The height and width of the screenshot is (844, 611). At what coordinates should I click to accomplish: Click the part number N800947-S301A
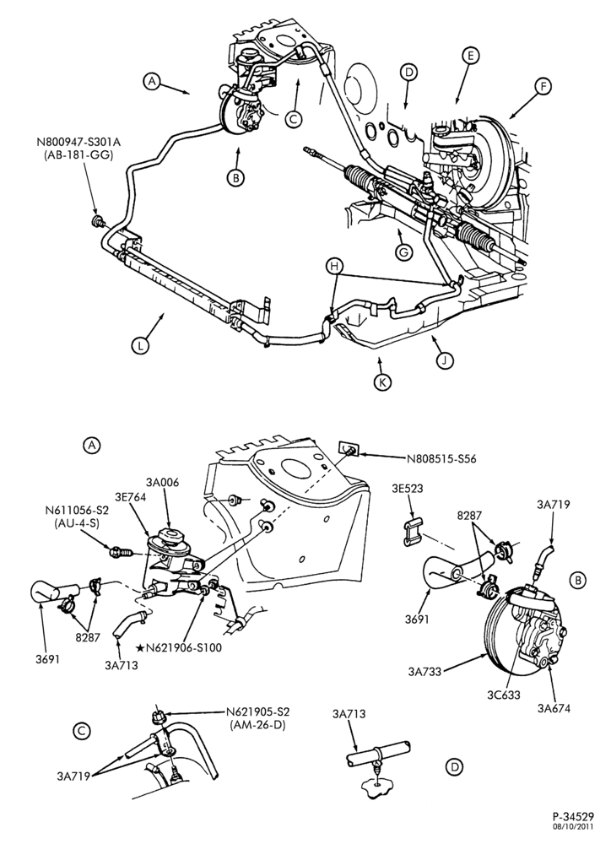[x=79, y=143]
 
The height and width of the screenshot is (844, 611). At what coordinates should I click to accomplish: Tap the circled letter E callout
[x=470, y=56]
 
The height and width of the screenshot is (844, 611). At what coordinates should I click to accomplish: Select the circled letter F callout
[x=543, y=86]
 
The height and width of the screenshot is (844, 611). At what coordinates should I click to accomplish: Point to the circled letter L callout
[x=140, y=345]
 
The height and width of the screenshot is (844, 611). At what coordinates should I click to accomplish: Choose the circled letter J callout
[x=445, y=360]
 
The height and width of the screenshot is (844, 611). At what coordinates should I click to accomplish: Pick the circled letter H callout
[x=335, y=265]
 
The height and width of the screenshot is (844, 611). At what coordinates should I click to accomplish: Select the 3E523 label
[x=408, y=490]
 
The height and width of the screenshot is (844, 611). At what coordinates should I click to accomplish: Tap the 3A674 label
[x=554, y=708]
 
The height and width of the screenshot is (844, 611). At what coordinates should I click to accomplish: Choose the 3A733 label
[x=424, y=671]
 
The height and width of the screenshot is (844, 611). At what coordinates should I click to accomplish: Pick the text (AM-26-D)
[x=257, y=725]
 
